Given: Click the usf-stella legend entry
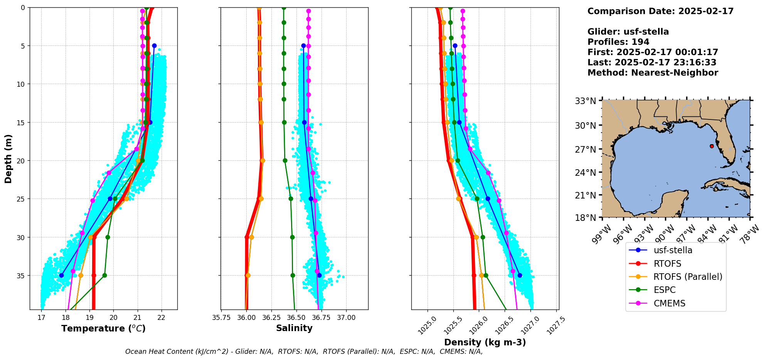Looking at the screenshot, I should pyautogui.click(x=673, y=250).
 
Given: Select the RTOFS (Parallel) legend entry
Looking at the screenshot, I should pyautogui.click(x=687, y=277).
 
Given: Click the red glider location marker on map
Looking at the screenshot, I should pyautogui.click(x=712, y=146).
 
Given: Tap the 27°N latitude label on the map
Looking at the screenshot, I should pyautogui.click(x=586, y=150).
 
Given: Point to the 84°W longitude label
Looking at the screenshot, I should pyautogui.click(x=709, y=234).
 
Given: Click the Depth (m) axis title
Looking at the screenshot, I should pyautogui.click(x=8, y=158).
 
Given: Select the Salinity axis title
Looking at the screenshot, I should pyautogui.click(x=294, y=328).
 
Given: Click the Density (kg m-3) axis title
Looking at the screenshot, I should pyautogui.click(x=485, y=342).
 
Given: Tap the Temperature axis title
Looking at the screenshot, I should pyautogui.click(x=103, y=328).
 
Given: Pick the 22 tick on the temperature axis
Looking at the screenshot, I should pyautogui.click(x=162, y=318).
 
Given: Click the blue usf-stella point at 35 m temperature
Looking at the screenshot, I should pyautogui.click(x=61, y=275).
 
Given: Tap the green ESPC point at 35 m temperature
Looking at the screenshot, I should pyautogui.click(x=104, y=275).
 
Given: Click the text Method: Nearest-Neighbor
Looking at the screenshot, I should pyautogui.click(x=653, y=73).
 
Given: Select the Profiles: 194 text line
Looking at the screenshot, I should pyautogui.click(x=618, y=42).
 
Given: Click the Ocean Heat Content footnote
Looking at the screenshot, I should pyautogui.click(x=304, y=352).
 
